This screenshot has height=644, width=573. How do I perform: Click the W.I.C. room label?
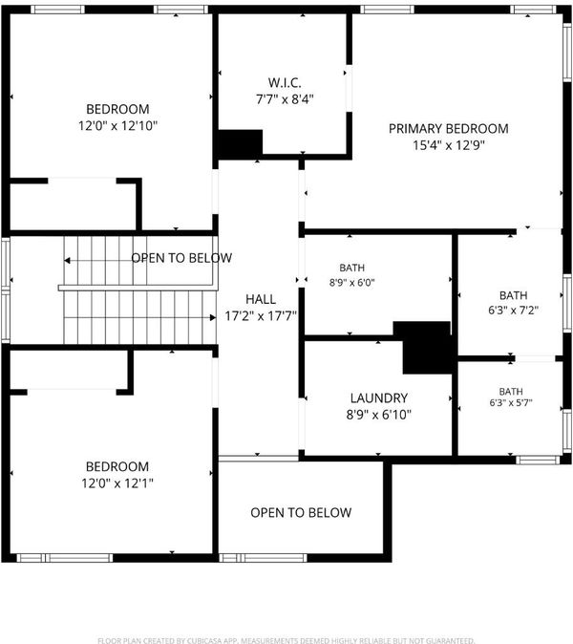285,82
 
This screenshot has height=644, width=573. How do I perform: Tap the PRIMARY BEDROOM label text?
448,129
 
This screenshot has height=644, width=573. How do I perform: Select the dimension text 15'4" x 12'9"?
449,145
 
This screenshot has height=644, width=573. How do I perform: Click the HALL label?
260,299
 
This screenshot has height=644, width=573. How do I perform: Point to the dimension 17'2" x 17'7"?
260,316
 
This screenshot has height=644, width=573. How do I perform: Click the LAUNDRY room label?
379,398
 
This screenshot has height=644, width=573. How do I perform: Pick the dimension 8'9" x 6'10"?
379,415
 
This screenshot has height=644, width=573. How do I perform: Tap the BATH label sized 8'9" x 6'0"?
351,268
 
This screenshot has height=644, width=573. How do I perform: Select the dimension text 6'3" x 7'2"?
513,311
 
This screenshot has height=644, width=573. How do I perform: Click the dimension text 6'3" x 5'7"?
511,403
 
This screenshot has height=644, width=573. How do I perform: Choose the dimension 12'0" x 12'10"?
117,125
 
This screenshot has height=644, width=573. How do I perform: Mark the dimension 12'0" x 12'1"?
117,483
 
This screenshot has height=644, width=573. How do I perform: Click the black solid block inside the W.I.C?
240,144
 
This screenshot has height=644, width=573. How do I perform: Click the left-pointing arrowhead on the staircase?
67,261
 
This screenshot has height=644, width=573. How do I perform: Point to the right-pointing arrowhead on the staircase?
213,317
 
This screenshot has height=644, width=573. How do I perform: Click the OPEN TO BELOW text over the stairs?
181,258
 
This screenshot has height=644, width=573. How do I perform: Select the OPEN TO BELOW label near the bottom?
301,512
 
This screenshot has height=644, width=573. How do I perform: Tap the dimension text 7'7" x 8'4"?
285,99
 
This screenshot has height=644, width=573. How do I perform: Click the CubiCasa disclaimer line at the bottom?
286,640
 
